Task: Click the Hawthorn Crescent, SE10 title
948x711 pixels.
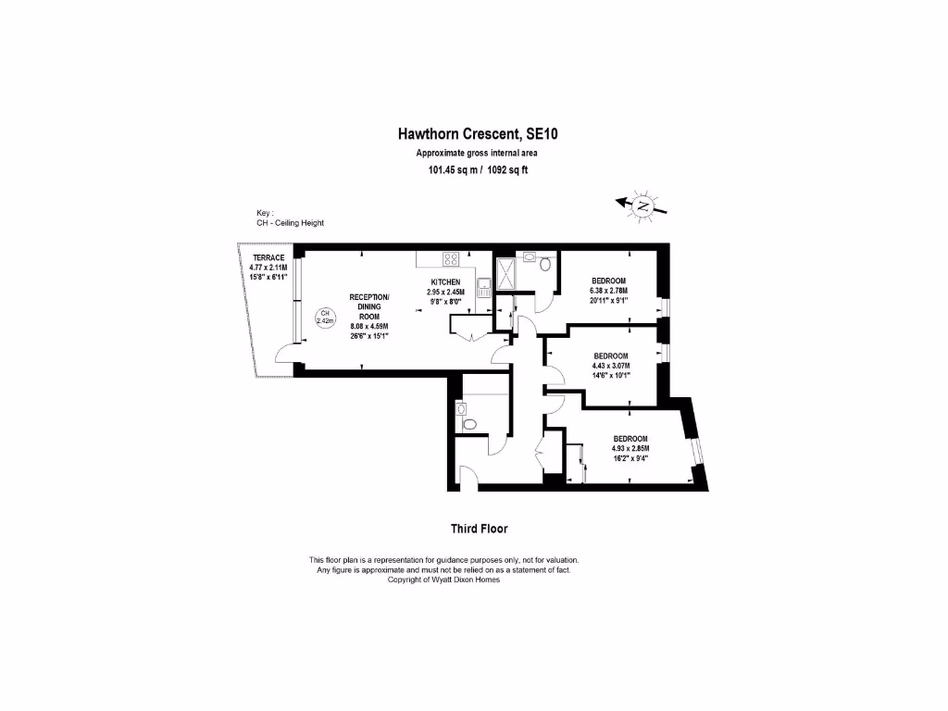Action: point(478,134)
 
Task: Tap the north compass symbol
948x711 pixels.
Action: point(641,206)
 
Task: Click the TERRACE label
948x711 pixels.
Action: point(268,257)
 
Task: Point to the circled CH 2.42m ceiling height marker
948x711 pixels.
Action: point(325,318)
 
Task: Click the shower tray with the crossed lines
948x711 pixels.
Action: point(508,271)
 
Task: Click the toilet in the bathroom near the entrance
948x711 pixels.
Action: point(468,423)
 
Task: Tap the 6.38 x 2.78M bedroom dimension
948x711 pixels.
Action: point(609,291)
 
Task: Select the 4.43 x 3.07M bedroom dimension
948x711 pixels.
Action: point(611,366)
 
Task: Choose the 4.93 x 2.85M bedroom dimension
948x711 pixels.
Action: point(630,448)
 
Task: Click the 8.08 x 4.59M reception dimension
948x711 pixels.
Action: point(369,326)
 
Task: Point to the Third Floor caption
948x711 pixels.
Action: point(479,529)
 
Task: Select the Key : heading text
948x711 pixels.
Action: point(266,213)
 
